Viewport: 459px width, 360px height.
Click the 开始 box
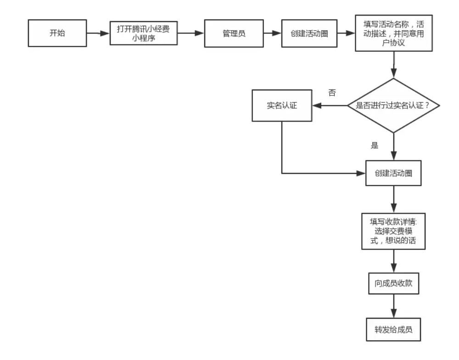[57, 33]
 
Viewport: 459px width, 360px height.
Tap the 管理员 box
[233, 33]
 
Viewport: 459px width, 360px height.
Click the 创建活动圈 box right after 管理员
[309, 33]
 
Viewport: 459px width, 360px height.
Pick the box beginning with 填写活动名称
[394, 33]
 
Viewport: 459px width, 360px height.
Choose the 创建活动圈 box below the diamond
[394, 173]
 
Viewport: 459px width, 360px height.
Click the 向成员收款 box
[394, 283]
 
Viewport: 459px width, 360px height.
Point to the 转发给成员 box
[394, 329]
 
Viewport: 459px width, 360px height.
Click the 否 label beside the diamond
[332, 92]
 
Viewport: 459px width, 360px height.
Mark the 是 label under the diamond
[374, 145]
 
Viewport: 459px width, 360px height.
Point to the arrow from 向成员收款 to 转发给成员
[394, 306]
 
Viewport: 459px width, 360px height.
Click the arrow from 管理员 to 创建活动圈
[271, 33]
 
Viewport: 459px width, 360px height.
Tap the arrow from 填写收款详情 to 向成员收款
[394, 261]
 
